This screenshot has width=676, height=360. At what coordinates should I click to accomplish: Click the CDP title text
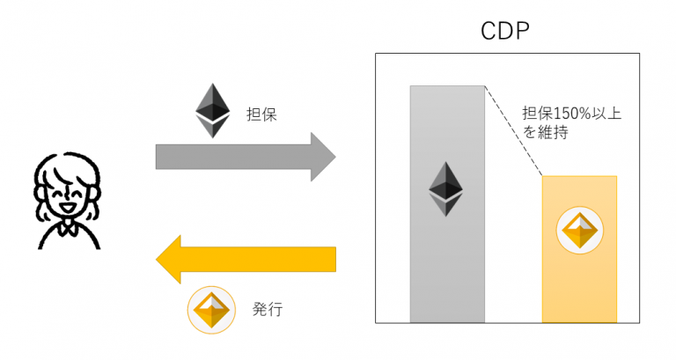coord(505,32)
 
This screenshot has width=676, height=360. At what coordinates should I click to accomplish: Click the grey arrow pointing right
coord(238,157)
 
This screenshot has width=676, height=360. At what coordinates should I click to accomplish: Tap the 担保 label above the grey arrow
coord(261,114)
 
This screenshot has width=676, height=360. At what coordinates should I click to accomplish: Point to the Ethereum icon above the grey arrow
coord(210,110)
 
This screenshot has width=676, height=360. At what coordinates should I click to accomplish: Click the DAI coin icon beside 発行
coord(209,308)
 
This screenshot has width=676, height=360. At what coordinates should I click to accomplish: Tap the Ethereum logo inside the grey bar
coord(446,188)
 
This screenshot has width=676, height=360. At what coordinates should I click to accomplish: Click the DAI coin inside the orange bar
coord(578,231)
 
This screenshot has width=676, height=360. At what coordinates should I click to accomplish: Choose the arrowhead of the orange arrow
coord(171,259)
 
